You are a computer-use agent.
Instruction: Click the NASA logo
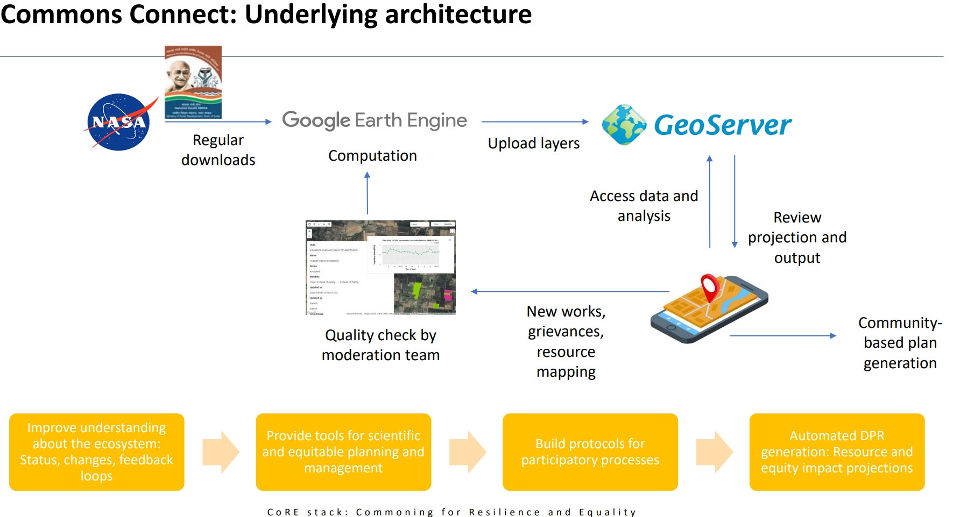[x=119, y=122]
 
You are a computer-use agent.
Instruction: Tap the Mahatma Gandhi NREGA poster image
[x=193, y=82]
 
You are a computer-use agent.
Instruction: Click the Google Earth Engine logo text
[x=375, y=120]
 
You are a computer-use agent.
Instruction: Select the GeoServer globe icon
[x=624, y=125]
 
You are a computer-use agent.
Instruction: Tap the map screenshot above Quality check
[x=380, y=267]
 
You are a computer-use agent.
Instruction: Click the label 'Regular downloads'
[x=218, y=150]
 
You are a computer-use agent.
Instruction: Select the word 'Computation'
[x=372, y=156]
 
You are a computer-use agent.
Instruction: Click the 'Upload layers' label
[x=533, y=143]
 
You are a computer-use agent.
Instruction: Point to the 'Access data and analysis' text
[x=644, y=206]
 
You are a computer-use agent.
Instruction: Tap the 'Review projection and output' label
[x=797, y=238]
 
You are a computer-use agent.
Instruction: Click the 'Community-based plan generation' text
[x=900, y=343]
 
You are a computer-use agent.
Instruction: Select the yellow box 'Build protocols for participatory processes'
[x=590, y=452]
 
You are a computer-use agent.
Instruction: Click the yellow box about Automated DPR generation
[x=836, y=452]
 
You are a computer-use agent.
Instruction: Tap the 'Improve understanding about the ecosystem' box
[x=96, y=452]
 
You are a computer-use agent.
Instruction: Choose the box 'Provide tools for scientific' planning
[x=343, y=452]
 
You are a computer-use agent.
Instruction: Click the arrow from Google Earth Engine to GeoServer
[x=535, y=122]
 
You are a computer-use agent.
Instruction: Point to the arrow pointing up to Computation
[x=368, y=193]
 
